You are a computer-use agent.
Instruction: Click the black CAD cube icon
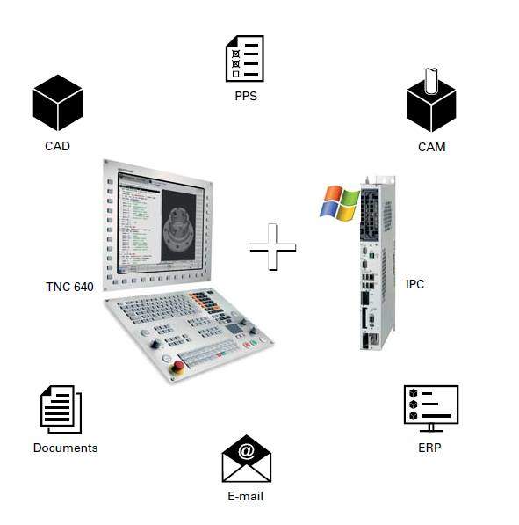pos(58,103)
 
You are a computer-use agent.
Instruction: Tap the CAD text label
pos(57,146)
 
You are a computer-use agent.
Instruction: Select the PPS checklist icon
pos(245,59)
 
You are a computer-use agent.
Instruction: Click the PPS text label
pos(246,96)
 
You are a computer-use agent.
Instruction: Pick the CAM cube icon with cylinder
pos(431,100)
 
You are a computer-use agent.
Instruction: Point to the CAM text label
pos(432,147)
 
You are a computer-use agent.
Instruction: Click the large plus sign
pos(272,247)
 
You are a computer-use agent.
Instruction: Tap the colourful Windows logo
pos(340,203)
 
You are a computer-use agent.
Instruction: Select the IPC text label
pos(414,284)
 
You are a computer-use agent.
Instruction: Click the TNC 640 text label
pos(69,287)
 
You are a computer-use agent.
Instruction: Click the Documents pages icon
pos(61,409)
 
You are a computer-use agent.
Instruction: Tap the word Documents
pos(66,448)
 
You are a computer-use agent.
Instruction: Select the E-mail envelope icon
pos(247,458)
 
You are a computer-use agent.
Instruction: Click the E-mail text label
pos(246,496)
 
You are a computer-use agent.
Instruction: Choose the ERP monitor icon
pos(431,409)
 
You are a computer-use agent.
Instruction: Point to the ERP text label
pos(429,448)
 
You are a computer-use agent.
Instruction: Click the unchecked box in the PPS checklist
pos(235,74)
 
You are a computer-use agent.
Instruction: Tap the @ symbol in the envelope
pos(247,451)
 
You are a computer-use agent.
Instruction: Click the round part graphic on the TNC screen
pos(179,227)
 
